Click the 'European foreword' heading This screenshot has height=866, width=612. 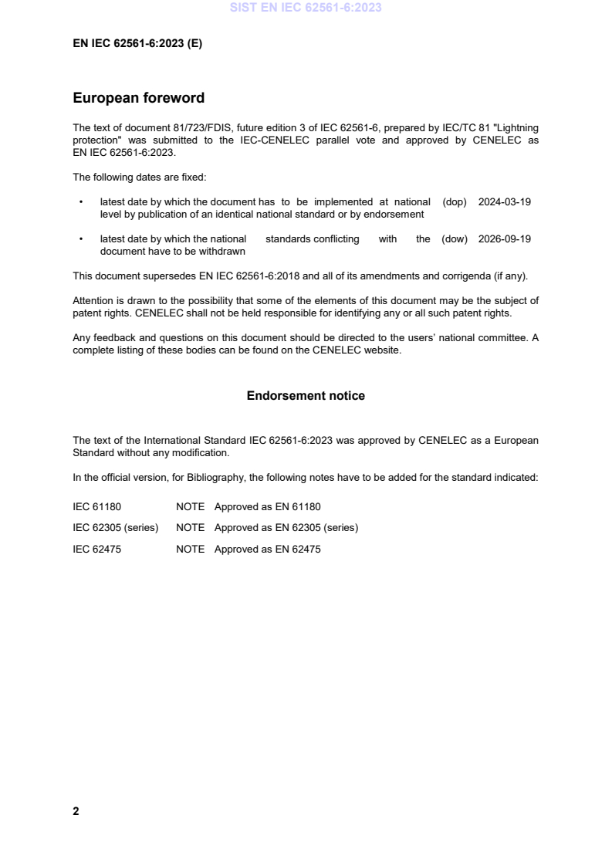[x=138, y=98]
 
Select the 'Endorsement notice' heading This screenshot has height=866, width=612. [x=306, y=396]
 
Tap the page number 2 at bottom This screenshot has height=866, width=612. [x=76, y=811]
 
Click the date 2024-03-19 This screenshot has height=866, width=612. [x=505, y=202]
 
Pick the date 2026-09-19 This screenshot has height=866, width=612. [x=505, y=239]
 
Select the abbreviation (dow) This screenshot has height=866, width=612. [x=455, y=239]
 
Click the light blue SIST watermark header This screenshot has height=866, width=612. [x=306, y=8]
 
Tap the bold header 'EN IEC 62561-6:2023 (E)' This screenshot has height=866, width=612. [x=137, y=44]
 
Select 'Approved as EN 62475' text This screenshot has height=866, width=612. [x=267, y=550]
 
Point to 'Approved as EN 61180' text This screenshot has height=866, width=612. [x=267, y=507]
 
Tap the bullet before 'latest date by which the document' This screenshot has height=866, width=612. [x=81, y=202]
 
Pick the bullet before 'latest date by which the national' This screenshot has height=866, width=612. [x=81, y=239]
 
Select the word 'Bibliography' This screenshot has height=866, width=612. [x=213, y=478]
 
